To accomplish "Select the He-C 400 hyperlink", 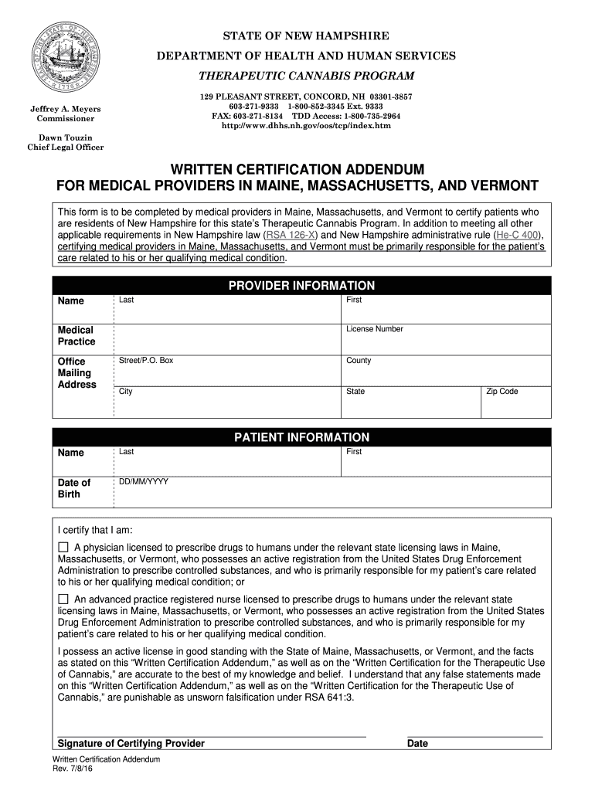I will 518,235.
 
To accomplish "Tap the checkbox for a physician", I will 63,547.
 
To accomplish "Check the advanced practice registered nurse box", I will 63,599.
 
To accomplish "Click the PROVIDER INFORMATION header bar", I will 301,286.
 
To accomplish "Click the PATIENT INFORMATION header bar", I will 301,438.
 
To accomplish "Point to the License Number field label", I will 374,329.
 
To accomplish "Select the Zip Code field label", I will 501,392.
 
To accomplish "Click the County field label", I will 359,361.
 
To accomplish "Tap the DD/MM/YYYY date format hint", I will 144,482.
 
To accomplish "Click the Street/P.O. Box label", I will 146,361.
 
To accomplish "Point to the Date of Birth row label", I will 74,488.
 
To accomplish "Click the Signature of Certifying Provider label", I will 131,744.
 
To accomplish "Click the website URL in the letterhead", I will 307,124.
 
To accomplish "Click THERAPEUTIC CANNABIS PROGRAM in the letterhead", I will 307,75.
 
